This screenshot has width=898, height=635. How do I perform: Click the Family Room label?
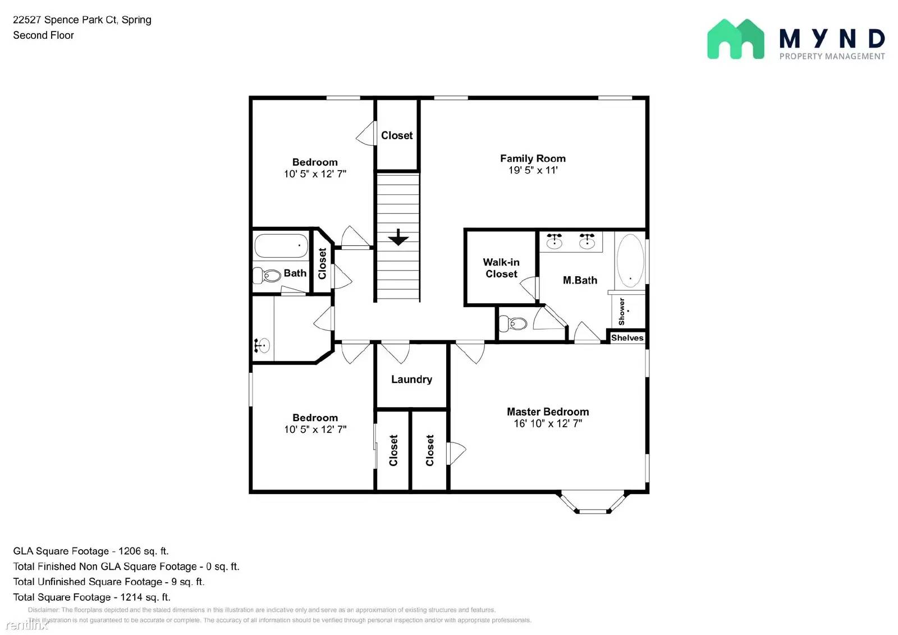click(x=533, y=158)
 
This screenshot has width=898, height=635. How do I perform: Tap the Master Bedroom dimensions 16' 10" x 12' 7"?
click(x=548, y=424)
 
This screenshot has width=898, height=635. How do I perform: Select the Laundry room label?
click(x=411, y=380)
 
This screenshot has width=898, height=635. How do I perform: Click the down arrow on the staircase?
click(x=398, y=237)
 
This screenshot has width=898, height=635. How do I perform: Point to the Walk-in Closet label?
click(x=501, y=268)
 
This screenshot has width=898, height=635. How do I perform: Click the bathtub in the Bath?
click(x=281, y=246)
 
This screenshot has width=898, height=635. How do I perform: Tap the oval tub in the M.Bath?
click(x=630, y=261)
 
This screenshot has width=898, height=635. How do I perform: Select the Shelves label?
click(x=627, y=338)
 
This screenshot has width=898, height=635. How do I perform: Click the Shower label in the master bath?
click(x=621, y=312)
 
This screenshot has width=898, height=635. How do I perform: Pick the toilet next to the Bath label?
click(x=268, y=276)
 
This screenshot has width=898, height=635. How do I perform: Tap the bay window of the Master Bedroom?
click(x=593, y=504)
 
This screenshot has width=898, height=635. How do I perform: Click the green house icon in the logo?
click(x=735, y=39)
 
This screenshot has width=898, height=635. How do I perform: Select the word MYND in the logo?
click(x=832, y=39)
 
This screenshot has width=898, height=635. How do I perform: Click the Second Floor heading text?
click(x=44, y=35)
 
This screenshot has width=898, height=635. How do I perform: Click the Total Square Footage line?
click(x=91, y=597)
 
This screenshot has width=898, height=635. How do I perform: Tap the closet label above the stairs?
click(x=397, y=135)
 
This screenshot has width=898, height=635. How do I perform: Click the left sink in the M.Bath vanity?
click(x=555, y=241)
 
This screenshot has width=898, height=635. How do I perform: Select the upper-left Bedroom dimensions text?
click(x=315, y=174)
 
